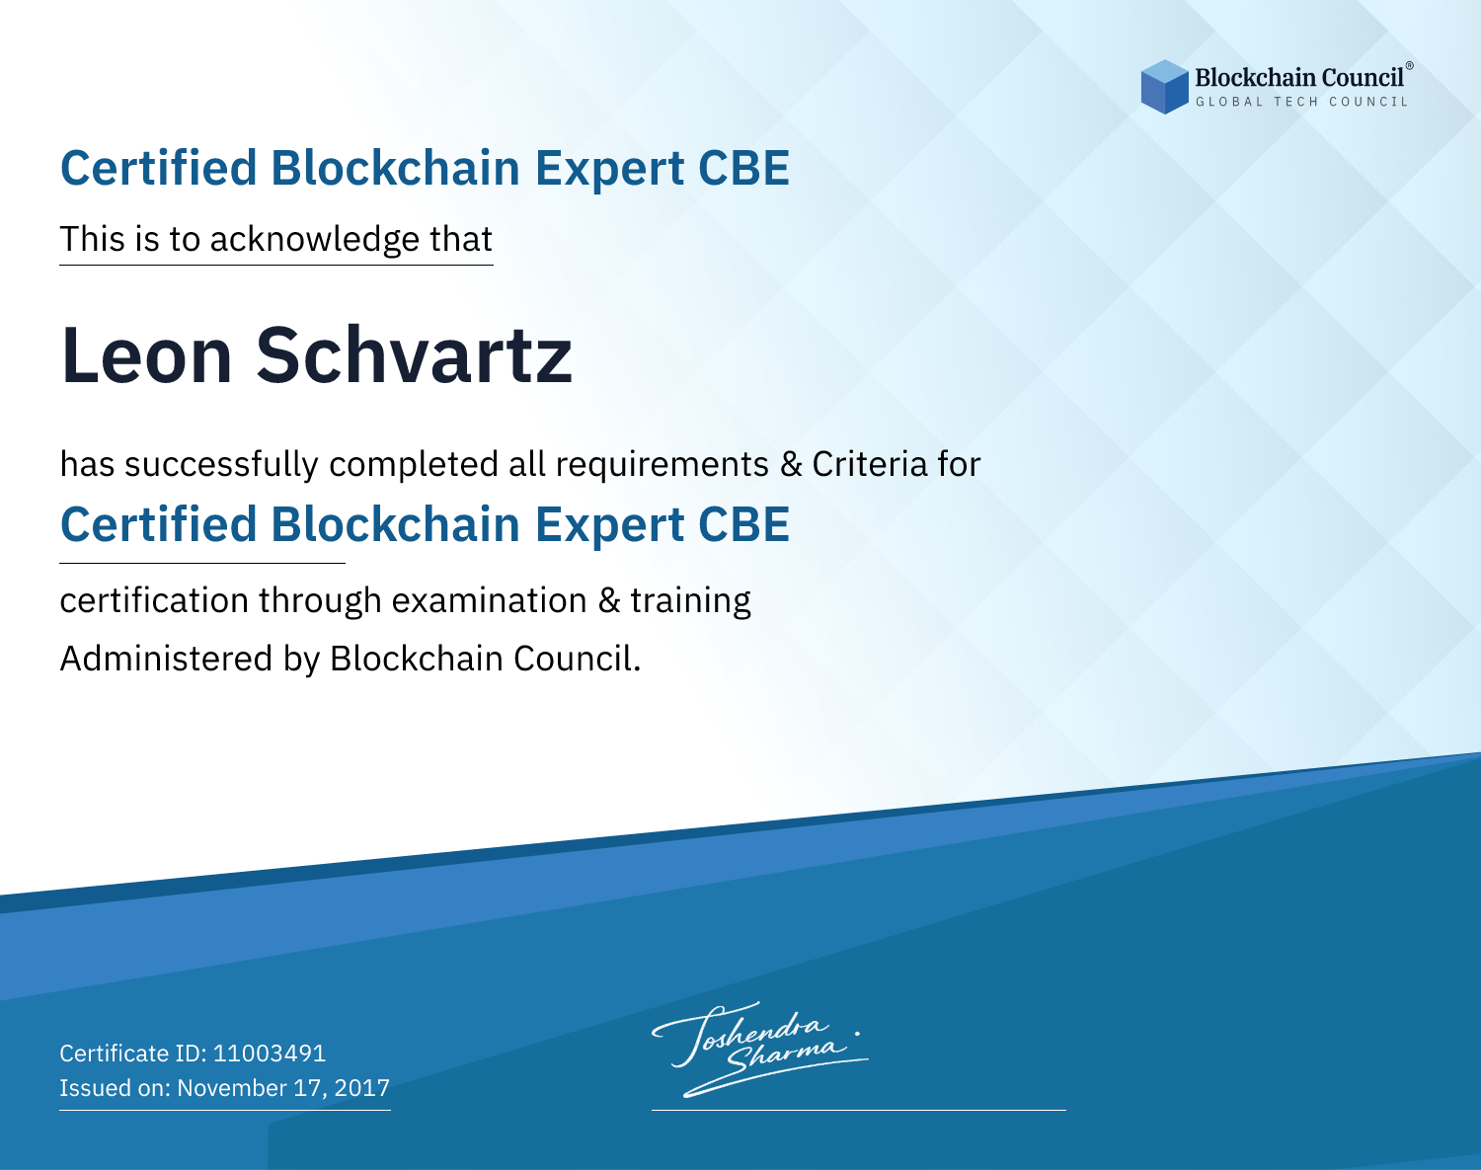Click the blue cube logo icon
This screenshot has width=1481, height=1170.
pos(1164,87)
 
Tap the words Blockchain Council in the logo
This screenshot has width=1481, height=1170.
pos(1299,77)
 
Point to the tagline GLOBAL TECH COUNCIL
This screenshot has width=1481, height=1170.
pos(1301,102)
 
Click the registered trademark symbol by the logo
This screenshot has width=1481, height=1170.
pos(1410,65)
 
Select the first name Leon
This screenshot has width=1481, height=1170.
pos(146,355)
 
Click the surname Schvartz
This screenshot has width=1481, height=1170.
pos(414,355)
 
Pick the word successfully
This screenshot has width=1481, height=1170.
pos(221,465)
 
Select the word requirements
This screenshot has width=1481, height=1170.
pos(663,465)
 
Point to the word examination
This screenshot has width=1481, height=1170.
pos(490,600)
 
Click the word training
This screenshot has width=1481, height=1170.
pos(691,601)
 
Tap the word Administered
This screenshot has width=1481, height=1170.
pos(166,659)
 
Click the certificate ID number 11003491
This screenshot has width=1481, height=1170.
pos(270,1053)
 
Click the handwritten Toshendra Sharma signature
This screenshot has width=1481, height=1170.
pos(759,1050)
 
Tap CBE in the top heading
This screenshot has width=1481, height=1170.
pos(743,168)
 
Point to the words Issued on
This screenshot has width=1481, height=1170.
pos(115,1087)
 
